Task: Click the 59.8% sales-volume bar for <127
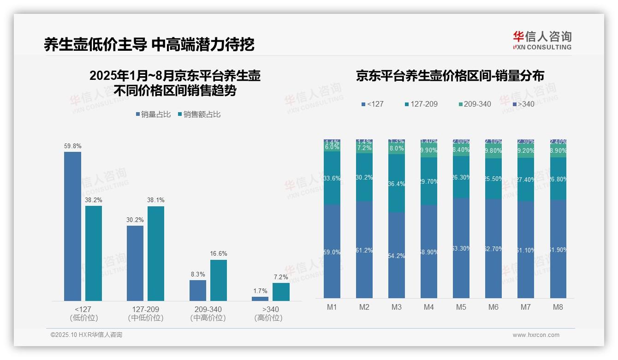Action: (x=72, y=226)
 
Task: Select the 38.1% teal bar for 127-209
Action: (x=156, y=253)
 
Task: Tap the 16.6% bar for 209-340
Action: (x=219, y=280)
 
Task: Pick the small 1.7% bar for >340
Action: (x=260, y=299)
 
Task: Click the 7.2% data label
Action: (x=281, y=277)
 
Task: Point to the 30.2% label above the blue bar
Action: (x=135, y=220)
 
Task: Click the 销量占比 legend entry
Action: (x=153, y=114)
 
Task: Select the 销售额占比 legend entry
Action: (x=199, y=114)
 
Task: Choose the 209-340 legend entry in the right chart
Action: (x=475, y=104)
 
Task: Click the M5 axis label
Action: (x=461, y=307)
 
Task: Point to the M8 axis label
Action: (x=558, y=307)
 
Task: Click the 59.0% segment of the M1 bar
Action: (x=332, y=252)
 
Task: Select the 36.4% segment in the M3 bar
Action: (x=397, y=183)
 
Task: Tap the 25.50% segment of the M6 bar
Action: (x=493, y=179)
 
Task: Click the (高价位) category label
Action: (x=268, y=318)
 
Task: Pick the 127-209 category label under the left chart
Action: (x=145, y=309)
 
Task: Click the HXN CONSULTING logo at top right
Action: (x=542, y=40)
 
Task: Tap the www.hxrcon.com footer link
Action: (x=536, y=335)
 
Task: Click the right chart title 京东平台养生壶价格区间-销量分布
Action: (x=450, y=76)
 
